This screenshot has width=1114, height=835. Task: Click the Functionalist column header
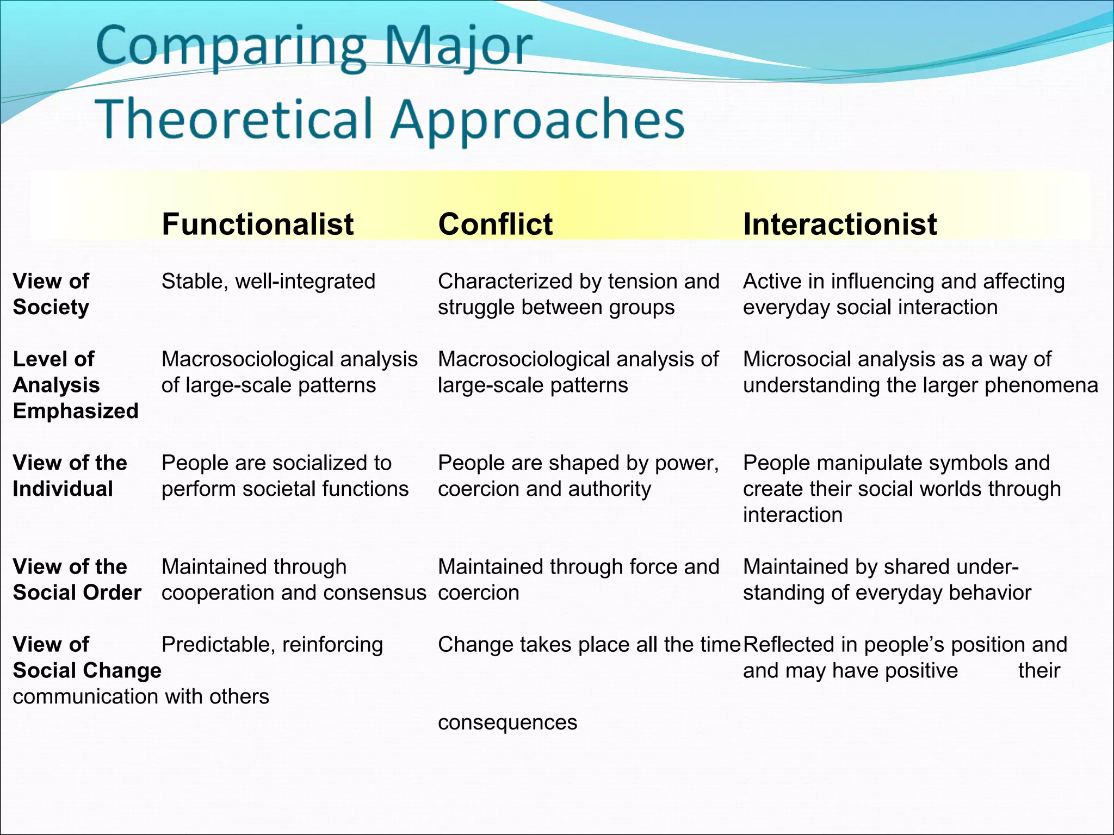point(257,224)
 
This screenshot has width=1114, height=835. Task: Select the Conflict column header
point(495,224)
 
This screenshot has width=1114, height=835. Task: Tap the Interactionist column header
point(839,224)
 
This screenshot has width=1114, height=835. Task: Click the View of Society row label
point(51,294)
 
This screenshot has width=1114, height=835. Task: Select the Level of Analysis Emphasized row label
point(75,385)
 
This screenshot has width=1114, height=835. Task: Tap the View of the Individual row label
point(70,476)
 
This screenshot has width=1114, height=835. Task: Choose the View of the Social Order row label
point(77,579)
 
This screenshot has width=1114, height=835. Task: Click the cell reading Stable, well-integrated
point(268,282)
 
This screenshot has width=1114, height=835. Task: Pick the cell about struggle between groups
point(578,294)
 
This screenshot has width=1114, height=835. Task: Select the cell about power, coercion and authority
point(578,476)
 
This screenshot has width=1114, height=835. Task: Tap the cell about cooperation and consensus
point(294,579)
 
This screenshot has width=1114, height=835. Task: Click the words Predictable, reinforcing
point(272,645)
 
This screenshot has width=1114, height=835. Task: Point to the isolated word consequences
point(507,722)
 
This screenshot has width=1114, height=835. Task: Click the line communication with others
point(141,696)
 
